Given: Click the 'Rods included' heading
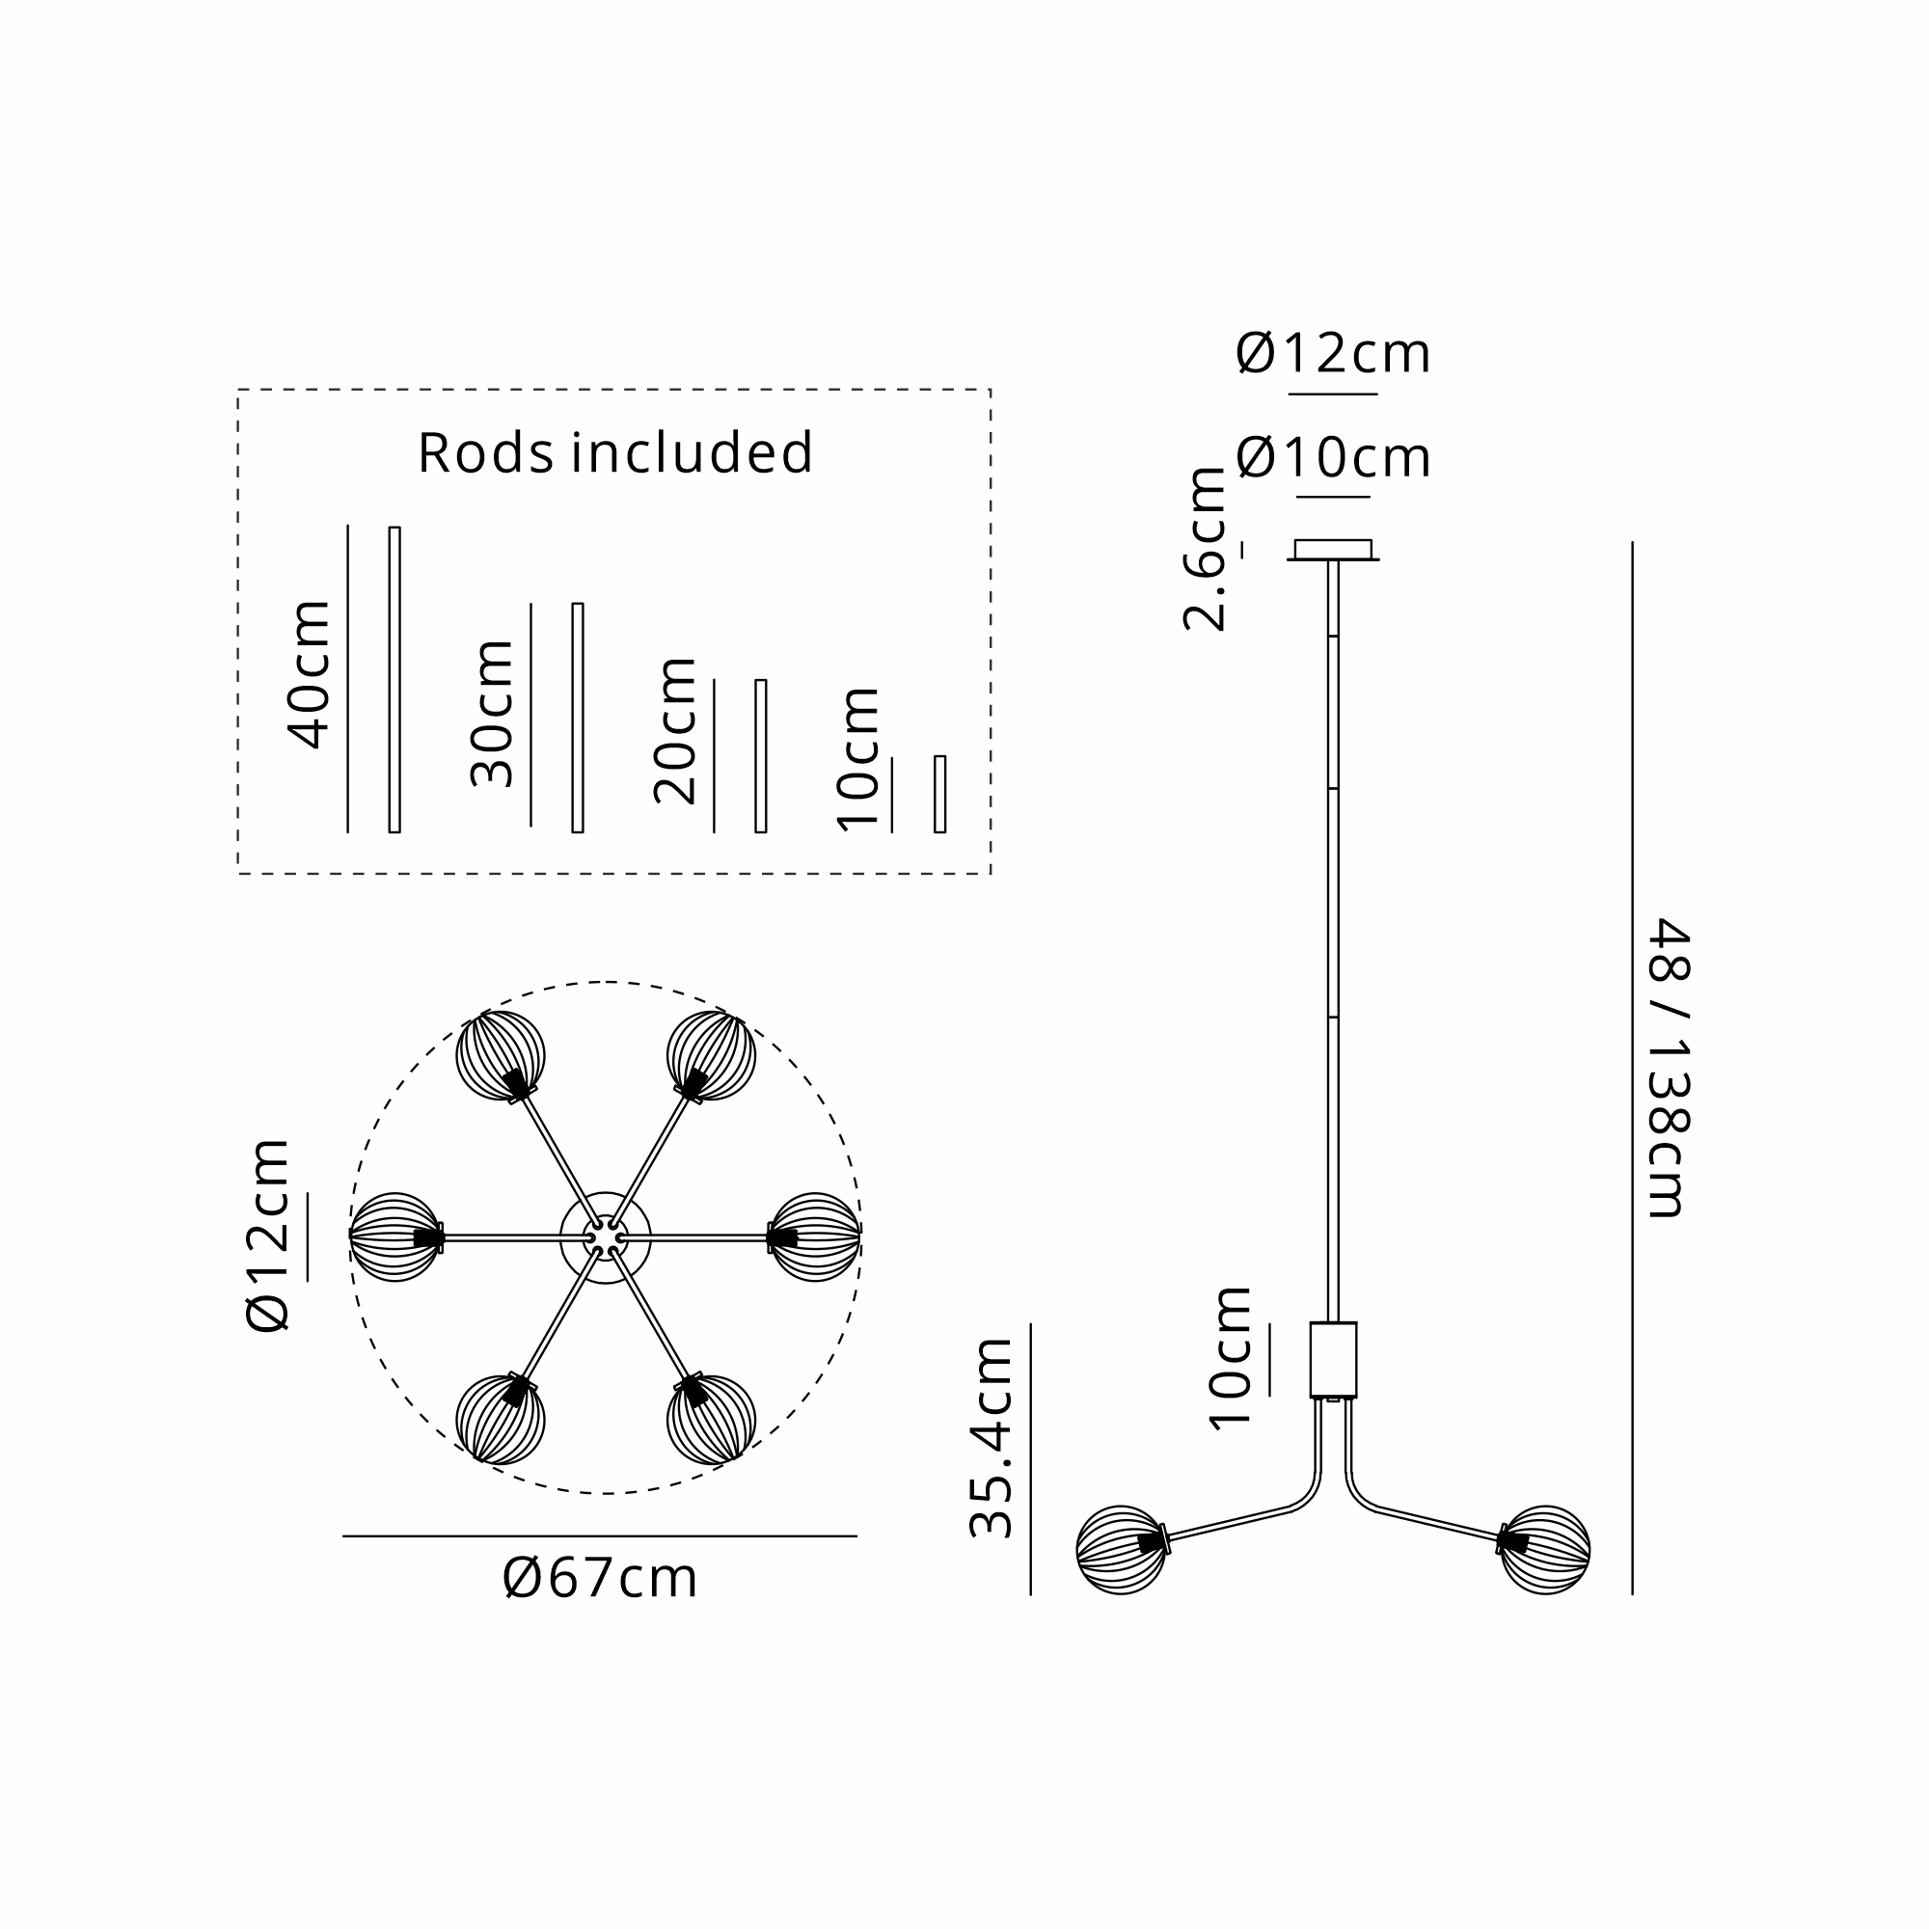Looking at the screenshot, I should (615, 452).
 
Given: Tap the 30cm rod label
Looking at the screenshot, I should (492, 714).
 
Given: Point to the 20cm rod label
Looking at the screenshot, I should (676, 731).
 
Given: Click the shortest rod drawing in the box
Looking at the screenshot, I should (939, 794).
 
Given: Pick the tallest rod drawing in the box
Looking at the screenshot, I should (394, 679).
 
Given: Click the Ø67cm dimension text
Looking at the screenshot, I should (600, 1579).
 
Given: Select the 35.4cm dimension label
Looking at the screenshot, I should (992, 1438).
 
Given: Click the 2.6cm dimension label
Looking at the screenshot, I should (1205, 549).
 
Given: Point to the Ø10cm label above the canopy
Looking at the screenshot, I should (1333, 458).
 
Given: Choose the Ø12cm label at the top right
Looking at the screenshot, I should (1333, 353).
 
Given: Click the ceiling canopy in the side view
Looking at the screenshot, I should (1333, 550).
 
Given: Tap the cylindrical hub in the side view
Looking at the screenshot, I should (1333, 1360).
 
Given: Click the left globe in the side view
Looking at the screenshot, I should (1120, 1550).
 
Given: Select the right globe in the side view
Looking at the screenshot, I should (1545, 1550).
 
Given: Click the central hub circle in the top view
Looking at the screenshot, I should (605, 1238).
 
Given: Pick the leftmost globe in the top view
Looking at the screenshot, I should (395, 1237).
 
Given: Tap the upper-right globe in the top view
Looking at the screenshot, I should (711, 1055).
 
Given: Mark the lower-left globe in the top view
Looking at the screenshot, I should (501, 1419).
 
